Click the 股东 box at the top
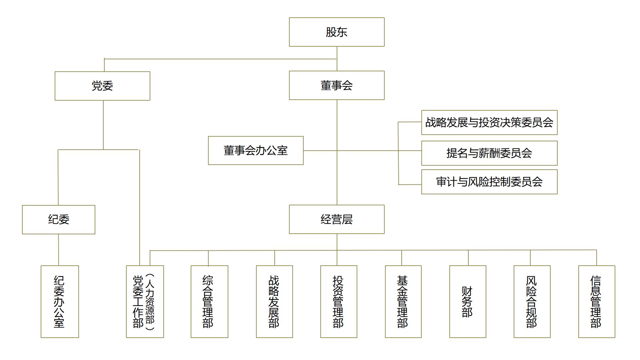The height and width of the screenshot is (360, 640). pyautogui.click(x=337, y=32)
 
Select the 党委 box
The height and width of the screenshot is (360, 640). pyautogui.click(x=102, y=86)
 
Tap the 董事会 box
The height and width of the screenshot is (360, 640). pyautogui.click(x=337, y=85)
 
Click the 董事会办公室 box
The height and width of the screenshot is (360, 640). pyautogui.click(x=256, y=150)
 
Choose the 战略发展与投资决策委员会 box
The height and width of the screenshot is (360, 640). pyautogui.click(x=489, y=122)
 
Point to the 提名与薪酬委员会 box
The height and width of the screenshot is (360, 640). pyautogui.click(x=489, y=153)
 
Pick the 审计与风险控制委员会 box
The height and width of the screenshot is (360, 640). pyautogui.click(x=489, y=182)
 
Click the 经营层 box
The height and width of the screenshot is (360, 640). pyautogui.click(x=337, y=219)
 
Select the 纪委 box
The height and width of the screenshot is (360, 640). pyautogui.click(x=59, y=220)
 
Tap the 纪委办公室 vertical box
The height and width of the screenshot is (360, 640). pyautogui.click(x=60, y=302)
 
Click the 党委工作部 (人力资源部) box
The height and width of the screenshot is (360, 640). pyautogui.click(x=145, y=302)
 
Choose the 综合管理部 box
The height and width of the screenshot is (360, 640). pyautogui.click(x=209, y=302)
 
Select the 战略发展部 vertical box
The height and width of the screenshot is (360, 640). pyautogui.click(x=274, y=302)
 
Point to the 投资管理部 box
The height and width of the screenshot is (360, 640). pyautogui.click(x=339, y=302)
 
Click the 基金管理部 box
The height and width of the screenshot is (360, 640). pyautogui.click(x=403, y=302)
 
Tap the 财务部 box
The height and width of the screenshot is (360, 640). pyautogui.click(x=468, y=302)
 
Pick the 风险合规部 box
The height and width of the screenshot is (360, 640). pyautogui.click(x=532, y=302)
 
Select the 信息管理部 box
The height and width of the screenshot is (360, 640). pyautogui.click(x=597, y=302)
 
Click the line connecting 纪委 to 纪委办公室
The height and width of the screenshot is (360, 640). pyautogui.click(x=59, y=250)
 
